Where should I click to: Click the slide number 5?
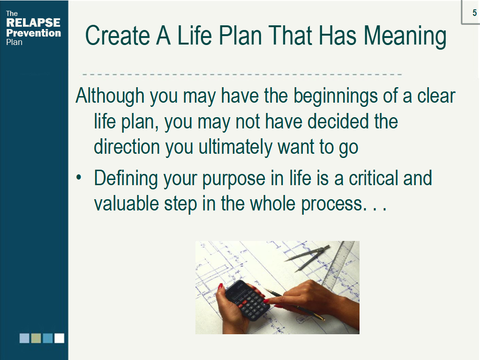point(474,13)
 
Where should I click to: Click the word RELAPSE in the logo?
point(33,22)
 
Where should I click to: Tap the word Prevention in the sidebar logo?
point(34,33)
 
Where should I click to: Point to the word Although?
point(110,96)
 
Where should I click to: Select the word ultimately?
point(235,148)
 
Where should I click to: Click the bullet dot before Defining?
point(79,178)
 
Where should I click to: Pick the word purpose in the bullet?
point(234,179)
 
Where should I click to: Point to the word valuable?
point(126,203)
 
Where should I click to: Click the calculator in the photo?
point(247,300)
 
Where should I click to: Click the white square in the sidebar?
point(60,338)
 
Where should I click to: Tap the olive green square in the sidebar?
point(36,338)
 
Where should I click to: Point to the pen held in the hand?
point(294,305)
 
